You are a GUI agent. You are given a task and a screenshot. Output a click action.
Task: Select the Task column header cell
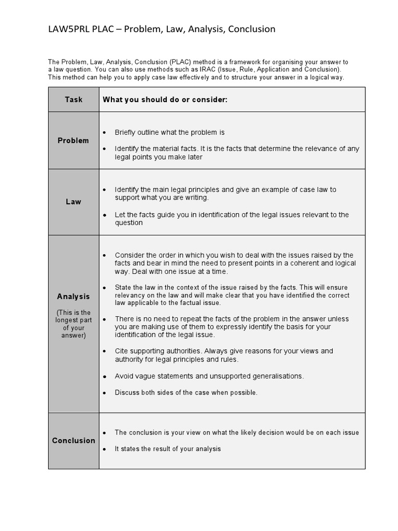tap(74, 100)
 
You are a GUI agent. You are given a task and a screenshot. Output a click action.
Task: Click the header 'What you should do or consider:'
tap(165, 100)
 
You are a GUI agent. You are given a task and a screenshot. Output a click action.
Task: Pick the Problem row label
tap(74, 141)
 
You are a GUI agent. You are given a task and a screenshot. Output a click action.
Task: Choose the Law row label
tap(74, 202)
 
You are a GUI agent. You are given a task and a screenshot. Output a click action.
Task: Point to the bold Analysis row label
tap(74, 297)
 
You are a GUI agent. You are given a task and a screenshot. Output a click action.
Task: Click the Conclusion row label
tap(74, 441)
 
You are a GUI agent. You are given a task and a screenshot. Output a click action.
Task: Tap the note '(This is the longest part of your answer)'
tap(74, 324)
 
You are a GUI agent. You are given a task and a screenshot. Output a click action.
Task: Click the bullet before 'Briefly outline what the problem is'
tap(105, 133)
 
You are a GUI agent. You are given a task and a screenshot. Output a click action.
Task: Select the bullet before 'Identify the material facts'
tap(105, 149)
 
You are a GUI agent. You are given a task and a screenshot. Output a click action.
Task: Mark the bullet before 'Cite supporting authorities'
tap(105, 352)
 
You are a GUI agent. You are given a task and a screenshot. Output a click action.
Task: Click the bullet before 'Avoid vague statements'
tap(105, 376)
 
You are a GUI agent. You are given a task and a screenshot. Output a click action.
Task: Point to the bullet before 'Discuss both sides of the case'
tap(105, 393)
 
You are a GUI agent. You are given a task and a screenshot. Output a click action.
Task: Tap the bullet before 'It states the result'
tap(105, 449)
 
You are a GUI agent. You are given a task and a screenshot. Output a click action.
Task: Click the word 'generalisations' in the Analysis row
tap(278, 376)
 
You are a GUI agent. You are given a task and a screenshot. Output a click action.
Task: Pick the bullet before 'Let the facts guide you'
tap(105, 215)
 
